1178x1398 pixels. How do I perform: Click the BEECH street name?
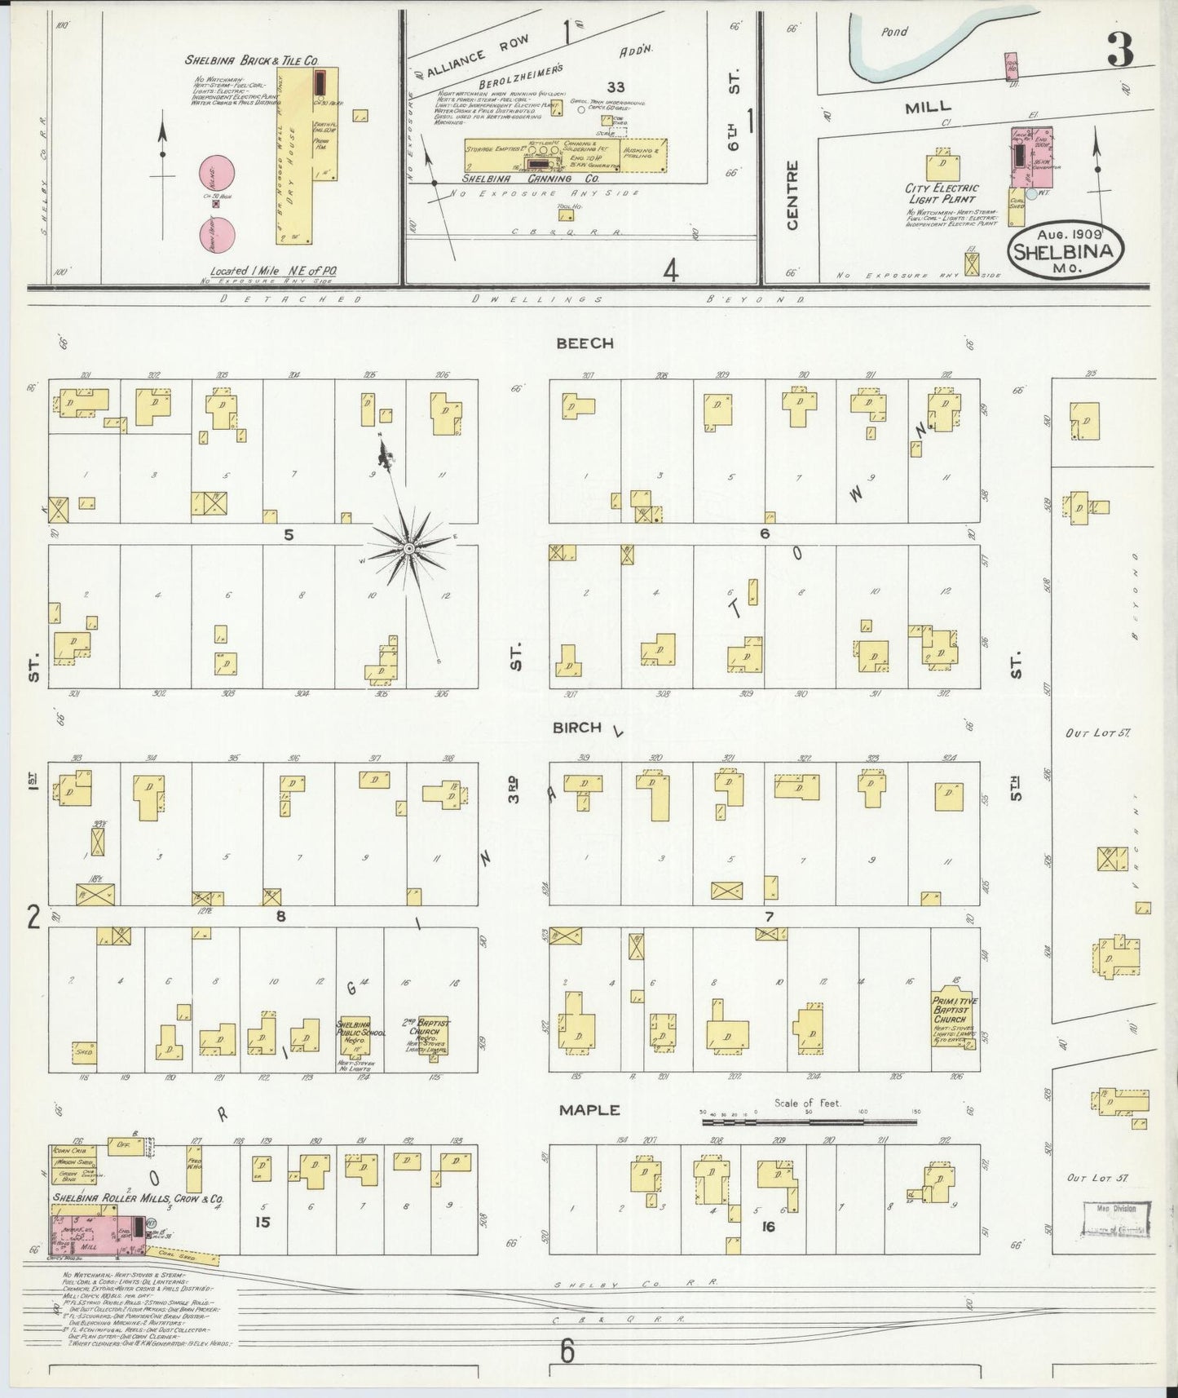pyautogui.click(x=584, y=343)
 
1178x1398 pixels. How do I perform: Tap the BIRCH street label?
pyautogui.click(x=576, y=728)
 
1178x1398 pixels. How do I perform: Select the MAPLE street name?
pyautogui.click(x=589, y=1110)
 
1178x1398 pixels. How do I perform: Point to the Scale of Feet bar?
pyautogui.click(x=809, y=1122)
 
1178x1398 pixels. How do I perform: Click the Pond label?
pyautogui.click(x=894, y=32)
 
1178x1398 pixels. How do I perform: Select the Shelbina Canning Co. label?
pyautogui.click(x=530, y=178)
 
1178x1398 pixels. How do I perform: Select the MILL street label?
pyautogui.click(x=927, y=106)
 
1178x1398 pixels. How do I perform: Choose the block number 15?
pyautogui.click(x=262, y=1221)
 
